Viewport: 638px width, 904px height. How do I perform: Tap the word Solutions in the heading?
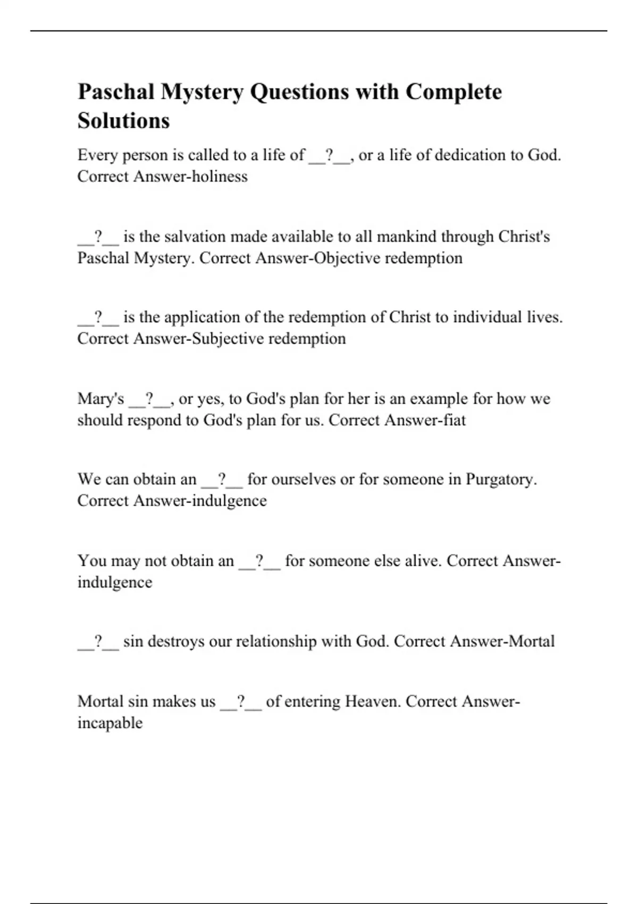(x=123, y=121)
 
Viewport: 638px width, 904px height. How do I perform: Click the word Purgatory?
(x=501, y=480)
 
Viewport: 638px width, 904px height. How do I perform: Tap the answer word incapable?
(x=110, y=723)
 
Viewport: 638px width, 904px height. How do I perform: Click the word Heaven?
(x=373, y=702)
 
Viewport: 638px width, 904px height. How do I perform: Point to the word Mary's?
(x=100, y=399)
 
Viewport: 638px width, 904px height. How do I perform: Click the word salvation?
(x=195, y=237)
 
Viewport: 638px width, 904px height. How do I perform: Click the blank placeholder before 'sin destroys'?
(x=98, y=641)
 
